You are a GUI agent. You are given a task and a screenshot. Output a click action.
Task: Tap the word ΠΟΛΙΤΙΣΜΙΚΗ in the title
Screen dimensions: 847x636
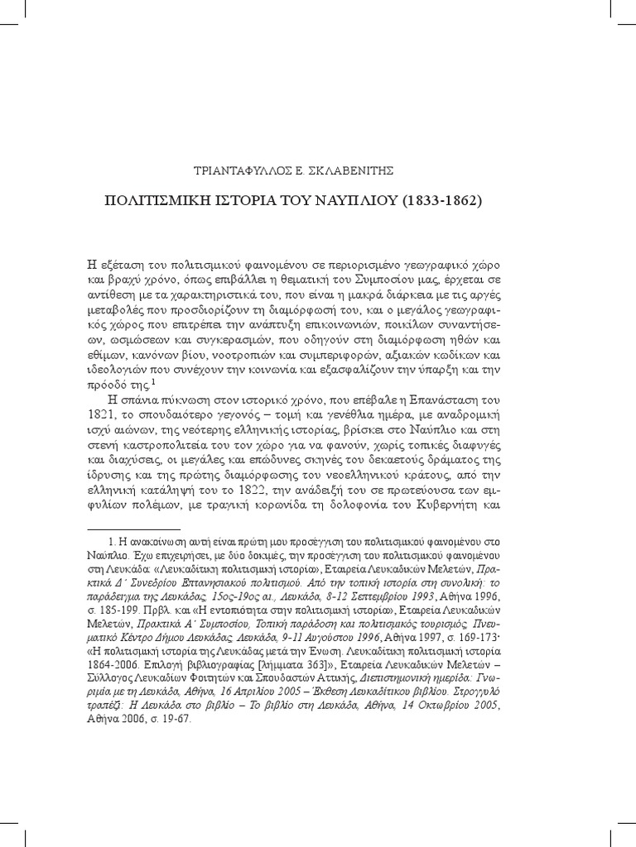pos(175,200)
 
